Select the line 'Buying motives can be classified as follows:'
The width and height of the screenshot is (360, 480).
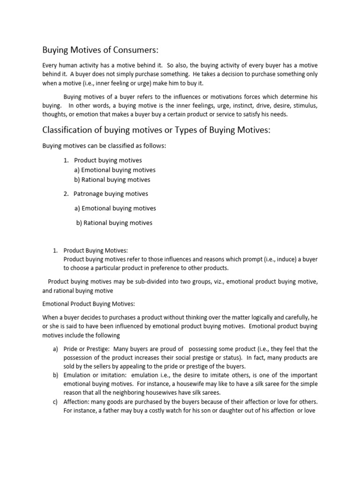(x=104, y=146)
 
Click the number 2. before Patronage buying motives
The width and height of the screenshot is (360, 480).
(x=66, y=194)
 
